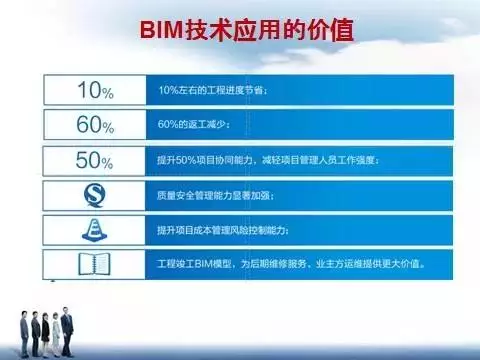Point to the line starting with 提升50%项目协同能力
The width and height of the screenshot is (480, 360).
(x=270, y=161)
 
